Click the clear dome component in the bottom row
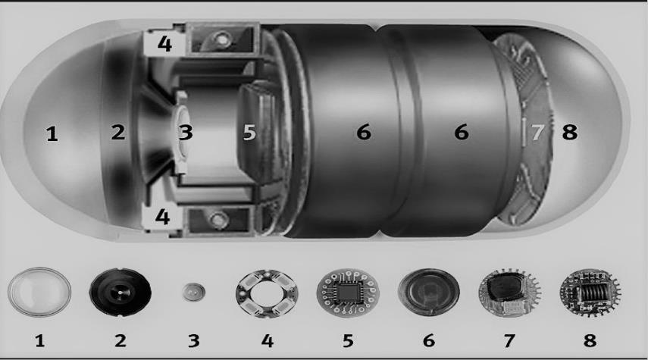(39, 293)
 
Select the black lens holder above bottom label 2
(121, 293)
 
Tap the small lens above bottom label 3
(193, 293)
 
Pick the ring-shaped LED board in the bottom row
(268, 293)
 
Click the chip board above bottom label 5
(348, 293)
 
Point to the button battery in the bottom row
(429, 293)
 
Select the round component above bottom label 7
(510, 293)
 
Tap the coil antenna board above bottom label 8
(590, 293)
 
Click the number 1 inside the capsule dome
(52, 134)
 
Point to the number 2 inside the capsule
(118, 133)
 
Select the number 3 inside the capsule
(186, 133)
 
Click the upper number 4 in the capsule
(164, 44)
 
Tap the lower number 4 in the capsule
(162, 216)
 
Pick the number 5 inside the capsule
(249, 133)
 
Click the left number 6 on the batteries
(364, 133)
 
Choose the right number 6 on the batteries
(462, 133)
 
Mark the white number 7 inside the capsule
(537, 133)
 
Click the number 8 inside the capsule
(569, 133)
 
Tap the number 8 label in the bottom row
(590, 340)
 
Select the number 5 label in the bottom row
(348, 341)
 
